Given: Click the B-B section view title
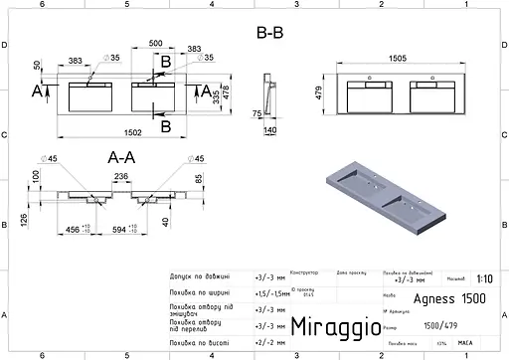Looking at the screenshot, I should pos(269,34).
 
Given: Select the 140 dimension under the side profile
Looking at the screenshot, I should pos(270,129).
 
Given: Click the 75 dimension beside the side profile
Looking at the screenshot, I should pos(256,112).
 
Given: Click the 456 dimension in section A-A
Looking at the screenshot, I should pos(73,229).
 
